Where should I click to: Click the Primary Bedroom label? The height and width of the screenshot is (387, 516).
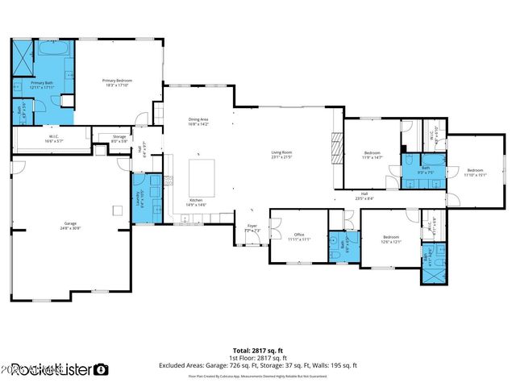[116, 81]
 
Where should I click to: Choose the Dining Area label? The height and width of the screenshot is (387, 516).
[198, 122]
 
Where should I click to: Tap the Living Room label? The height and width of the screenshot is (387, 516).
[281, 154]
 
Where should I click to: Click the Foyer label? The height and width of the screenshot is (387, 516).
[252, 229]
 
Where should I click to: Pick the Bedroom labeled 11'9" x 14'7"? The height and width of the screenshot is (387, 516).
[372, 154]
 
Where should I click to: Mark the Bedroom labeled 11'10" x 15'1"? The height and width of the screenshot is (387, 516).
[474, 172]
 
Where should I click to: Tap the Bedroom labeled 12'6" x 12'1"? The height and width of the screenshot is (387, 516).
[392, 239]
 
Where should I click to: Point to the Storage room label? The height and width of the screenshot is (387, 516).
[119, 139]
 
